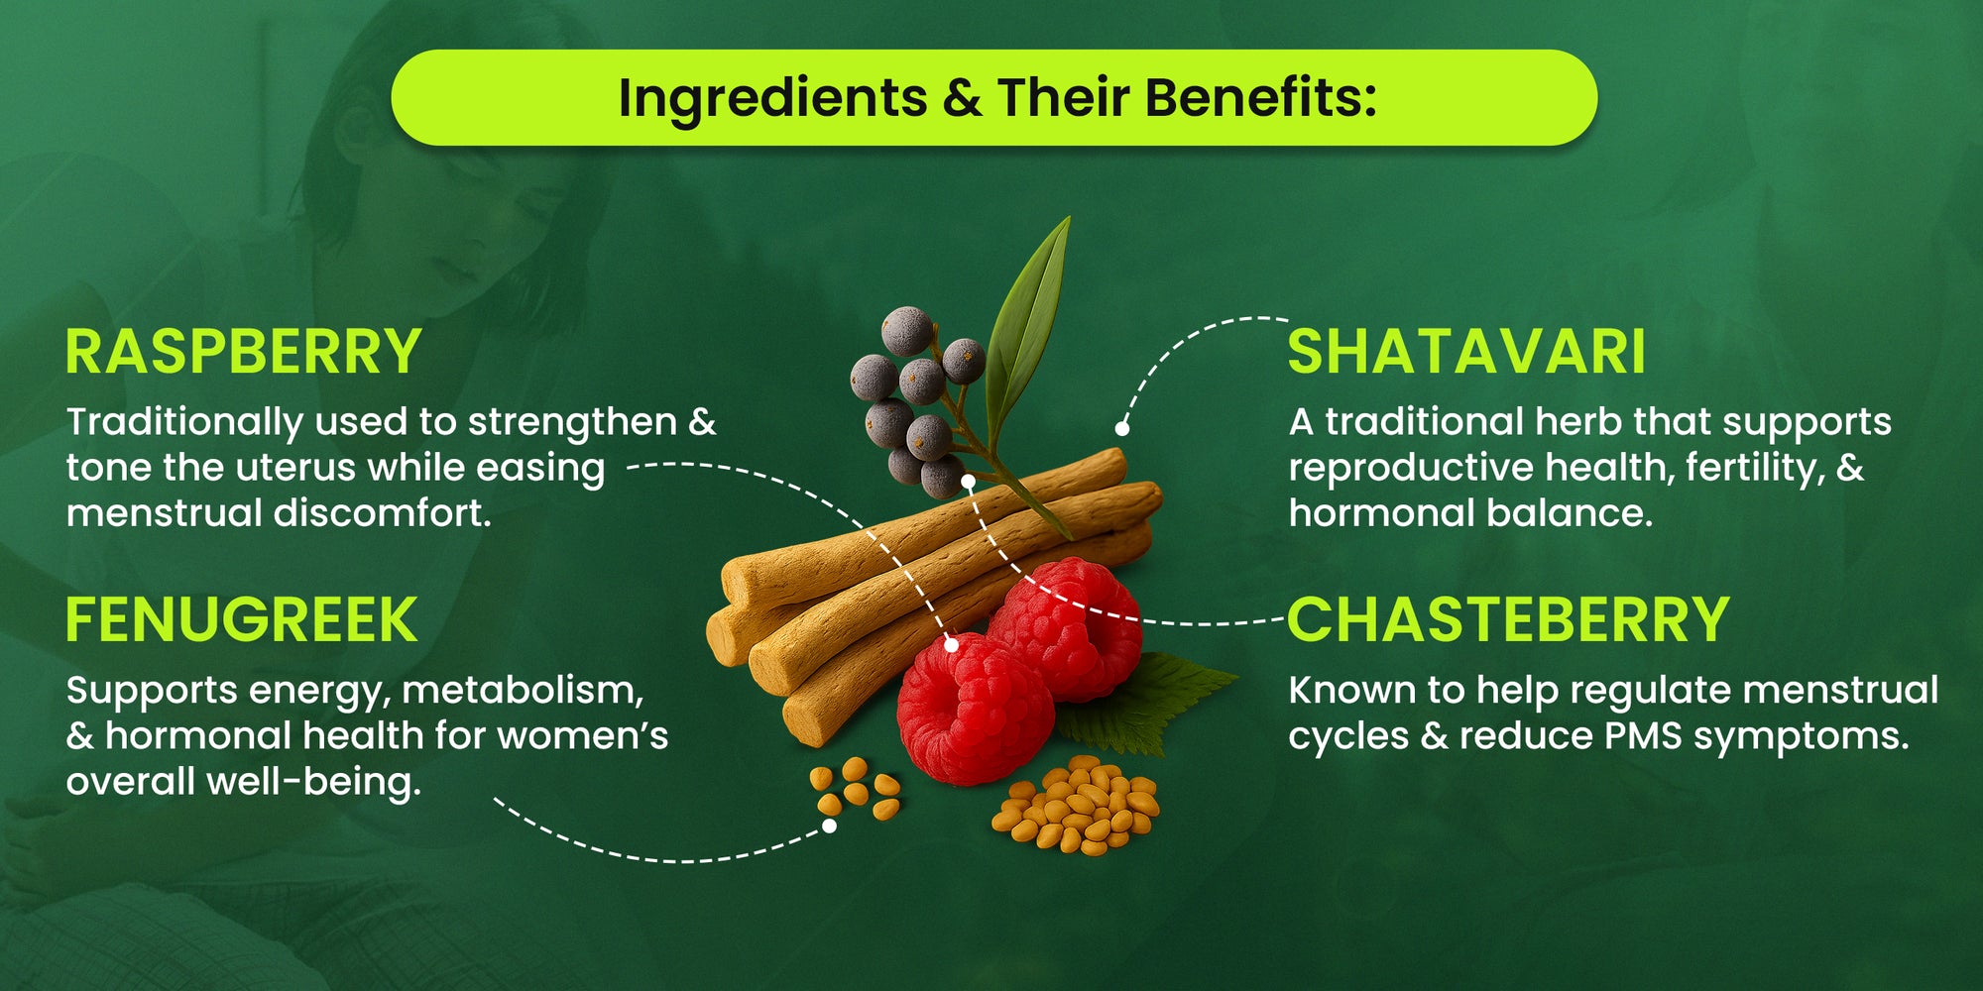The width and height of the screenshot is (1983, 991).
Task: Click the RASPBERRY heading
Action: tap(244, 352)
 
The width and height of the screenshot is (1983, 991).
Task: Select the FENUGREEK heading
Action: tap(242, 620)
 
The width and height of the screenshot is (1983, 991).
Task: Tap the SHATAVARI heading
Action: tap(1466, 352)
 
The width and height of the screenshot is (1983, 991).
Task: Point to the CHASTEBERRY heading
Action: tap(1509, 620)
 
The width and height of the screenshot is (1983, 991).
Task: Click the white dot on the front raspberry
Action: tap(951, 645)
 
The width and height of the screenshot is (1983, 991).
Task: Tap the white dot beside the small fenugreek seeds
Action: tap(829, 826)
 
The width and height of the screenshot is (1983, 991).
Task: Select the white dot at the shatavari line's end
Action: tap(1122, 428)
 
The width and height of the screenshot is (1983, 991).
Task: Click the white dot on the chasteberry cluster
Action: tap(968, 481)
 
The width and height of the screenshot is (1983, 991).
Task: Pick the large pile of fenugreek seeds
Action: tap(1076, 805)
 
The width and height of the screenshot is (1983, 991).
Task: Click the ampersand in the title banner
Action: tap(962, 98)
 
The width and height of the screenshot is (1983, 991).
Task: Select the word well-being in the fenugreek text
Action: tap(313, 782)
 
